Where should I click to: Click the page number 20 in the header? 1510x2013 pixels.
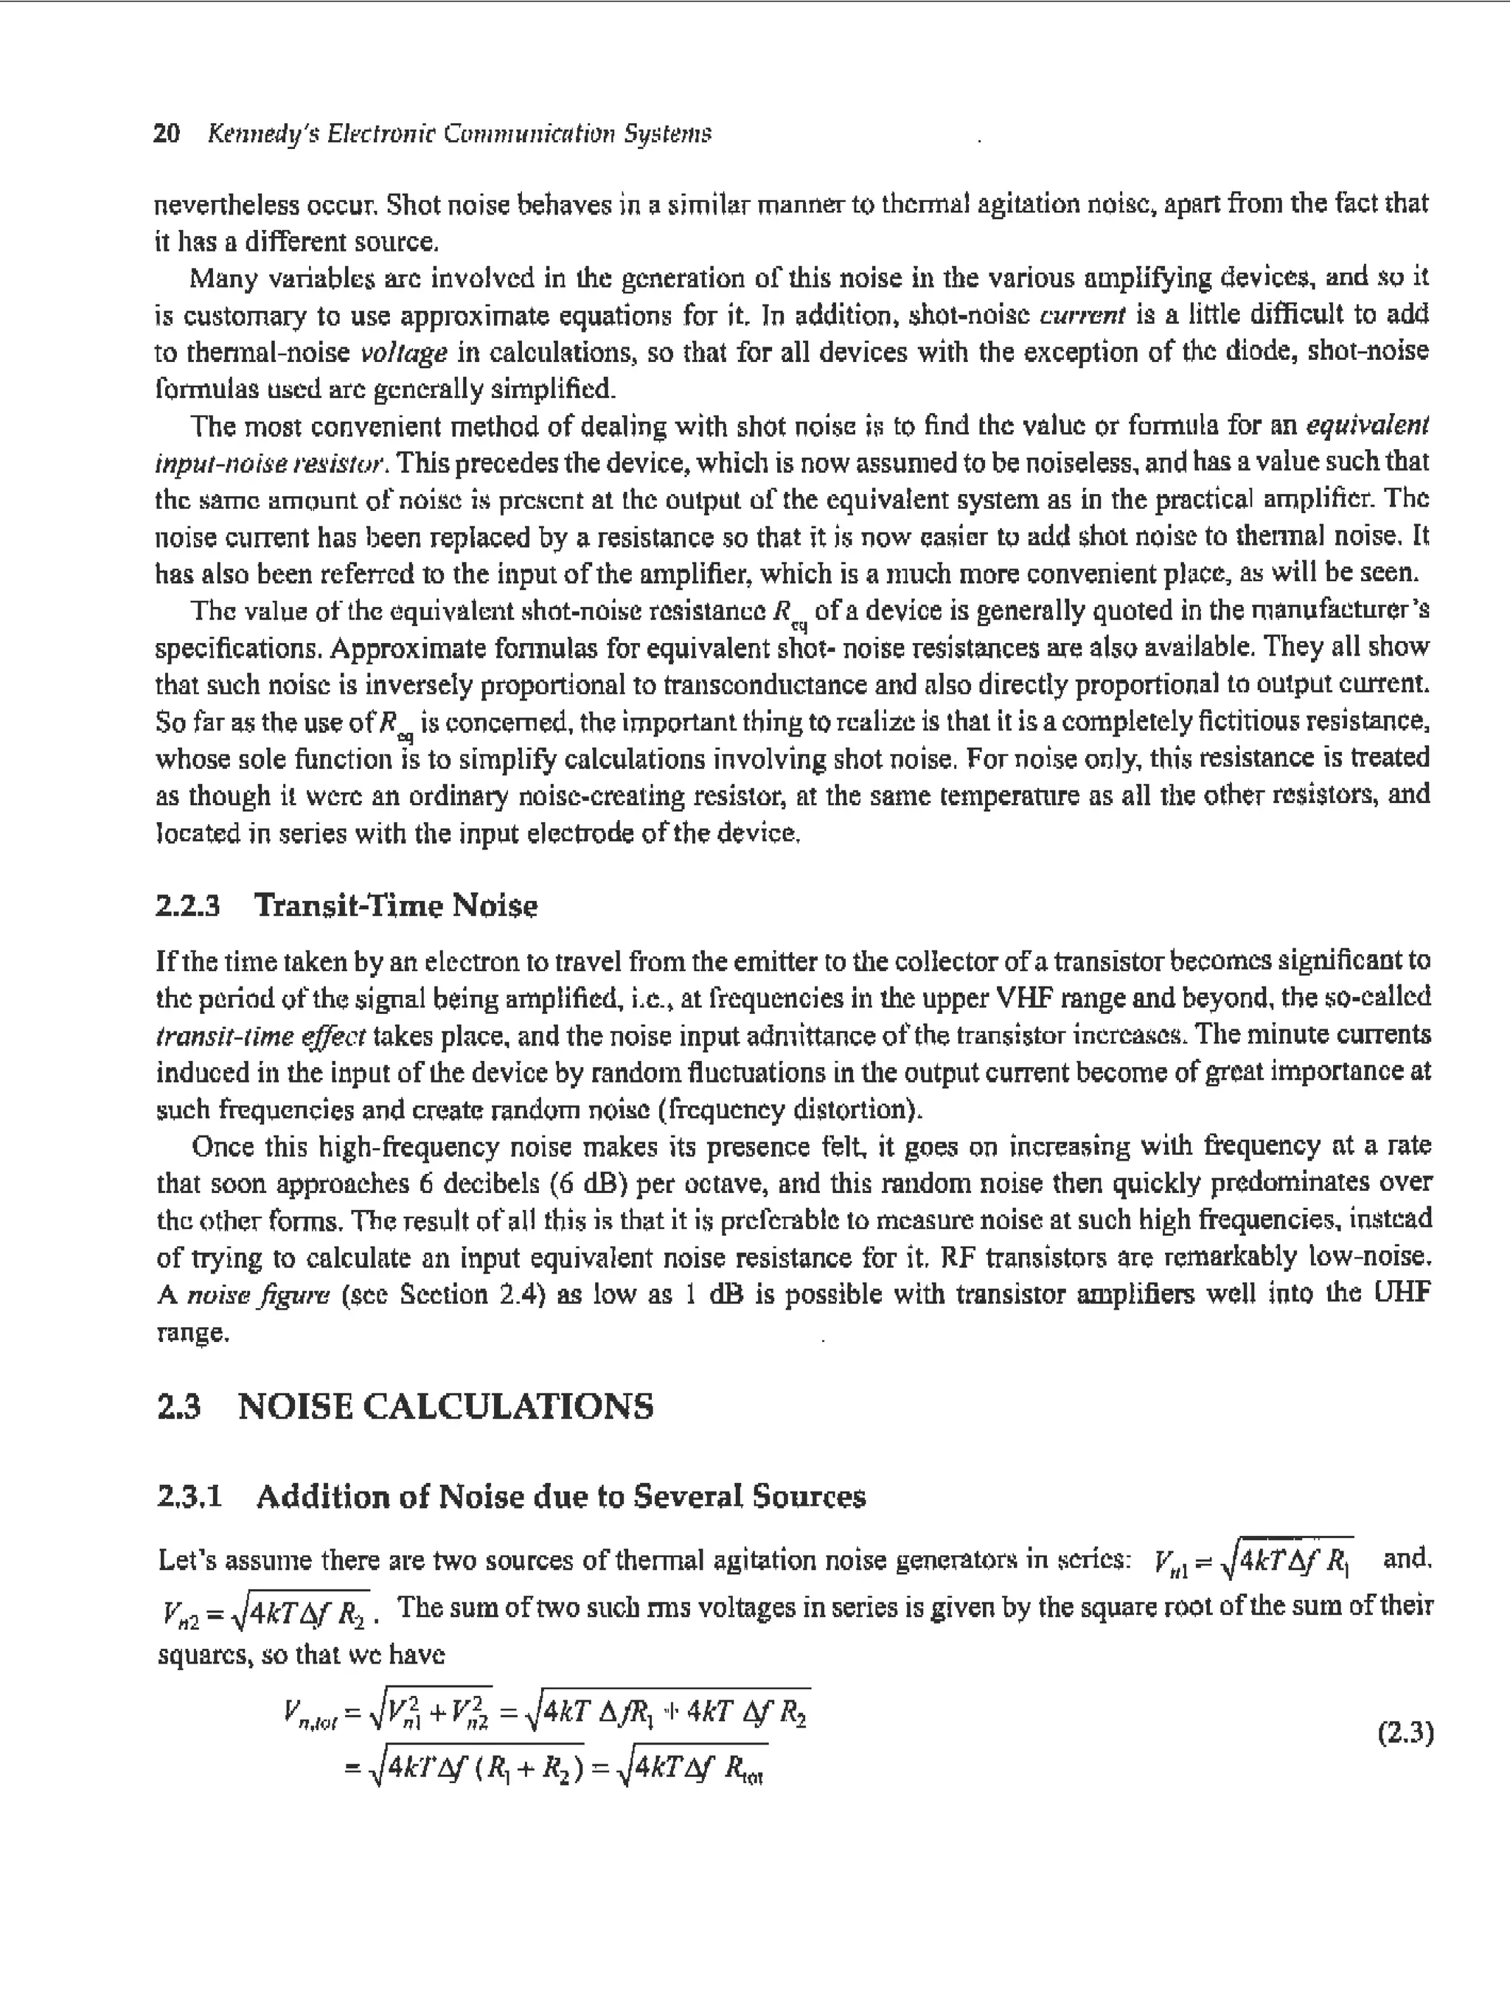click(x=167, y=133)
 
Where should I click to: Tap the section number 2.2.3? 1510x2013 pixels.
click(x=187, y=905)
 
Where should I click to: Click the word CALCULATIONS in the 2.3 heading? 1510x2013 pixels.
click(x=508, y=1406)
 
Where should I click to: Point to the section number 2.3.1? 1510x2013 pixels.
click(x=189, y=1496)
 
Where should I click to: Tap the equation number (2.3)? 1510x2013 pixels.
click(x=1405, y=1733)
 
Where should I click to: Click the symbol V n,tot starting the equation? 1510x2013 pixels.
click(x=310, y=1717)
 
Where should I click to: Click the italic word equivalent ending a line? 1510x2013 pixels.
click(x=1367, y=426)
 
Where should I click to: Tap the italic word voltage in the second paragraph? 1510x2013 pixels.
click(x=404, y=353)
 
